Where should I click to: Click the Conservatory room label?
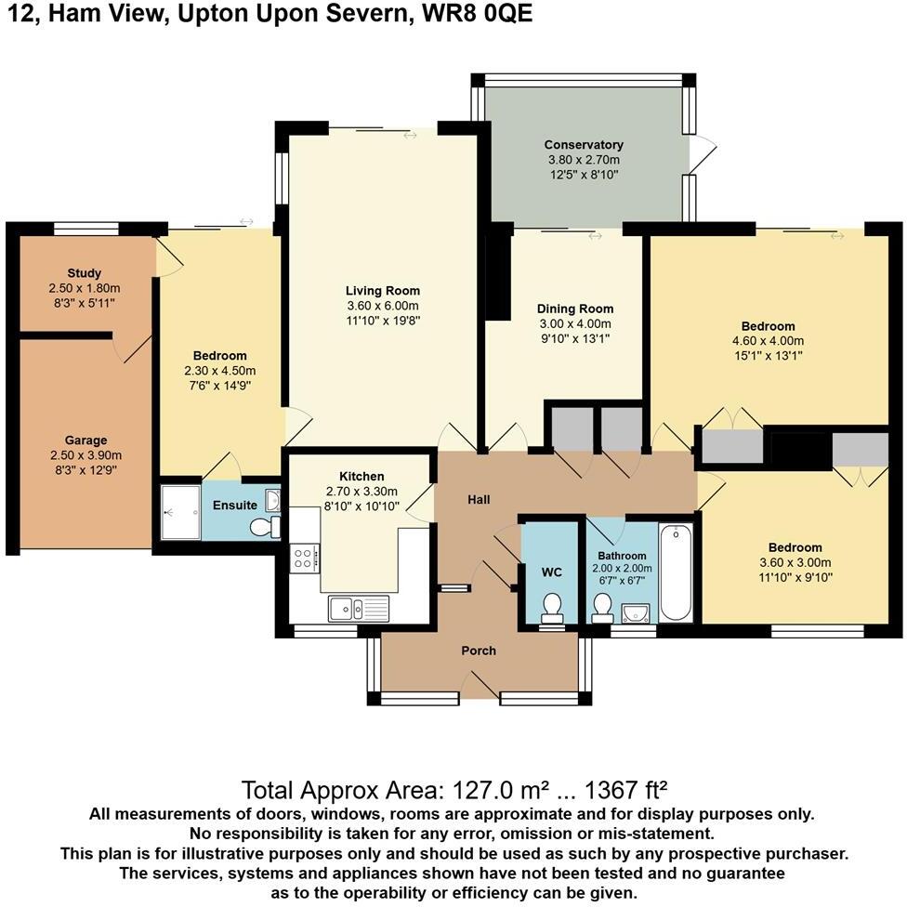click(584, 145)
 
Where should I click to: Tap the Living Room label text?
click(383, 291)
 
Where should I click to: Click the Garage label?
click(85, 440)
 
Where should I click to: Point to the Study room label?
click(85, 273)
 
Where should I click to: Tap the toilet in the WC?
click(552, 607)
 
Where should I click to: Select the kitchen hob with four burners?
click(305, 558)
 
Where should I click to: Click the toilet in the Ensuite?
click(264, 528)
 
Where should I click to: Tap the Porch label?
click(479, 651)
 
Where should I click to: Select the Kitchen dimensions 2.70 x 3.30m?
click(361, 492)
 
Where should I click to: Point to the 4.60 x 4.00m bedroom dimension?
click(768, 340)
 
